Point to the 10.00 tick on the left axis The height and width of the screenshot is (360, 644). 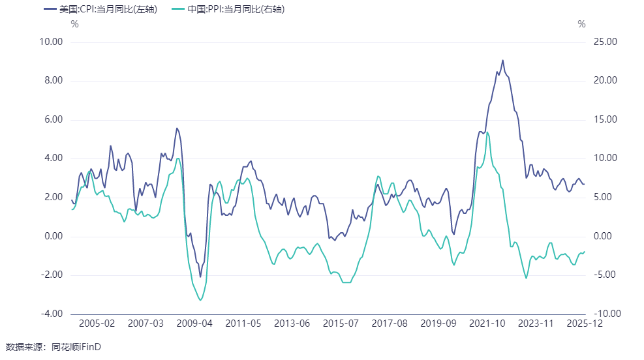[51, 42]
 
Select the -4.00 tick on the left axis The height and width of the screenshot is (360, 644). [51, 314]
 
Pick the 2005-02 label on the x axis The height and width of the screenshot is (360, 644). [97, 323]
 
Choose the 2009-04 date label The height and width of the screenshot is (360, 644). [194, 323]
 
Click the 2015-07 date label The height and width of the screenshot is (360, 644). [341, 323]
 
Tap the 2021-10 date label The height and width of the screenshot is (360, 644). [487, 323]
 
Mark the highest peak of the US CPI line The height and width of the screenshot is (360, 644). [502, 60]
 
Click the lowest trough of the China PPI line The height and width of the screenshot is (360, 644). [200, 300]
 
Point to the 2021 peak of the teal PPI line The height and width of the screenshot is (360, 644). [487, 132]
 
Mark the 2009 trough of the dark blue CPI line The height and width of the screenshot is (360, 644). [200, 277]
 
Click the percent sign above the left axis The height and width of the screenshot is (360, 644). [74, 24]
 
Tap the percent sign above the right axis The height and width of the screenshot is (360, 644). [582, 24]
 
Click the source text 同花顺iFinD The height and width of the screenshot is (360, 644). [78, 346]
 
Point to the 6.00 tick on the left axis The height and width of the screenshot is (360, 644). [51, 119]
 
